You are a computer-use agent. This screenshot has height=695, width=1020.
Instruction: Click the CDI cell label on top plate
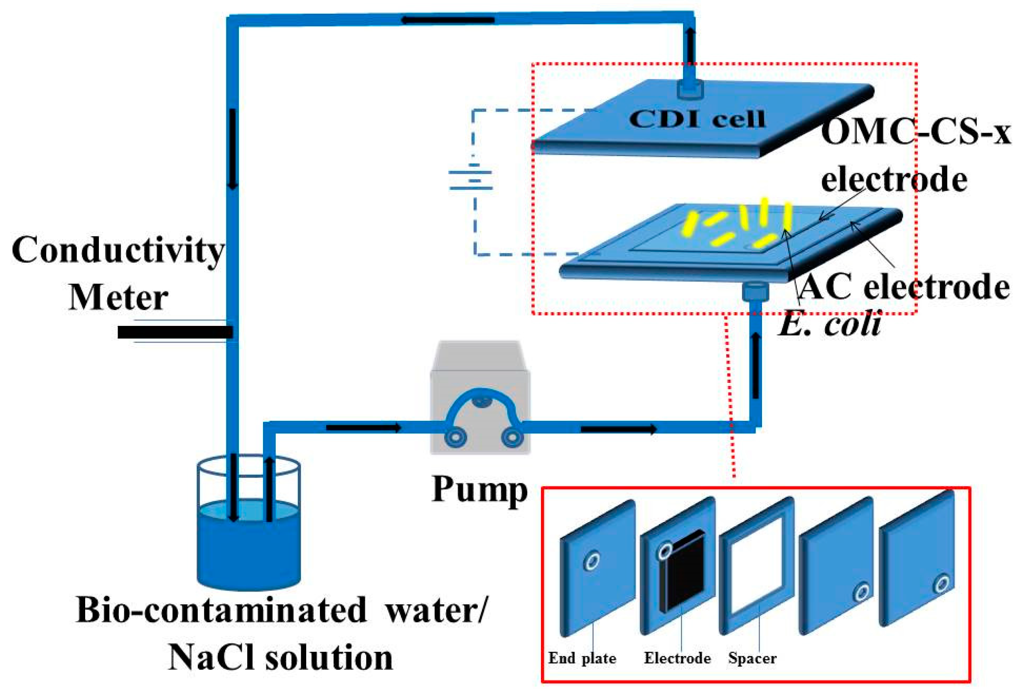pyautogui.click(x=697, y=118)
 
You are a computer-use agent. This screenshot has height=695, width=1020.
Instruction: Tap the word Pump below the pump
pyautogui.click(x=479, y=490)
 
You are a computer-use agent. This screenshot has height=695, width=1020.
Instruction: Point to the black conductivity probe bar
pyautogui.click(x=175, y=332)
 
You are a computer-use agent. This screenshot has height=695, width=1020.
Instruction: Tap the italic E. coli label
pyautogui.click(x=830, y=326)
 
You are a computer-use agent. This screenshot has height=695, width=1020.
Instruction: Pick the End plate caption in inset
pyautogui.click(x=582, y=658)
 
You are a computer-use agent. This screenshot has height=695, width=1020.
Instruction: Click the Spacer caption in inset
pyautogui.click(x=752, y=658)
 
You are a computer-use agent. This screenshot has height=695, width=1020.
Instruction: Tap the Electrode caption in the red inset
pyautogui.click(x=677, y=658)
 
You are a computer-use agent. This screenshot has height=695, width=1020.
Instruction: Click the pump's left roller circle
pyautogui.click(x=455, y=437)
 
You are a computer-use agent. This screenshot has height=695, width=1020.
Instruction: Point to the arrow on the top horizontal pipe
pyautogui.click(x=447, y=20)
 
